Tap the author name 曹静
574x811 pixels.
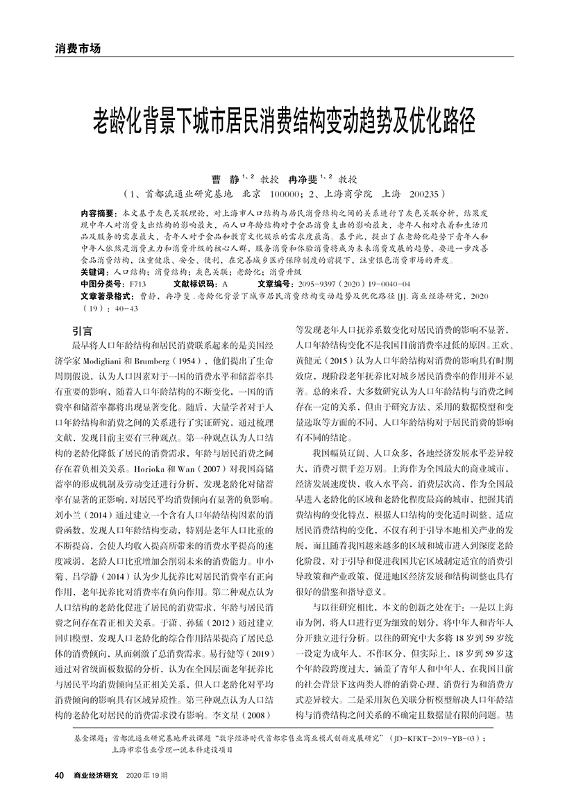[212, 178]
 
